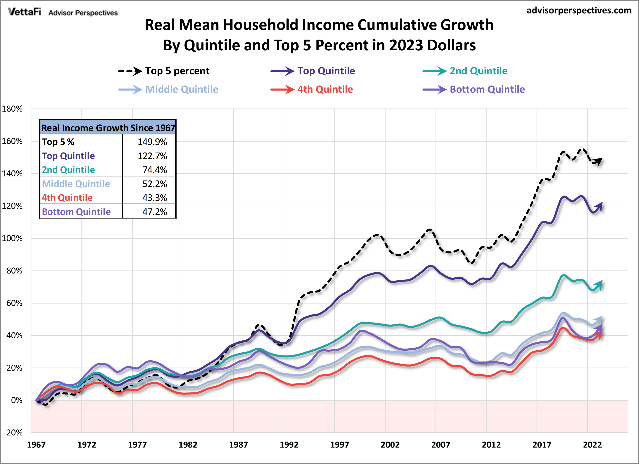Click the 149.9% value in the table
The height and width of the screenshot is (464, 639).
point(152,142)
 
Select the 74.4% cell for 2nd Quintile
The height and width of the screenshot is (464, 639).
point(155,170)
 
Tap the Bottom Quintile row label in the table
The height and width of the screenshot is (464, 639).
point(76,212)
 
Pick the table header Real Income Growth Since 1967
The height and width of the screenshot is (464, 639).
point(108,128)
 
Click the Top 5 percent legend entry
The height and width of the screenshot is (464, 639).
point(177,71)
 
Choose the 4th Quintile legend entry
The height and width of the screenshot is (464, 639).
point(325,90)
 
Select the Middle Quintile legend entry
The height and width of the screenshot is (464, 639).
point(181,90)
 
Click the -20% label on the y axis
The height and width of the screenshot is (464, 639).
point(13,432)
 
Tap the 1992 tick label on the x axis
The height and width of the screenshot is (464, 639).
point(289,445)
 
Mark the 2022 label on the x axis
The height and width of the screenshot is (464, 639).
point(592,445)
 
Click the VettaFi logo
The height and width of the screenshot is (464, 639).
point(24,12)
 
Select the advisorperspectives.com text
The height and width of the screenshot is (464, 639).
point(579,10)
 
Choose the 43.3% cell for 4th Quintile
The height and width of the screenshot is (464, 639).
point(155,198)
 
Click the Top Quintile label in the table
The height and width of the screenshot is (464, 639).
point(68,156)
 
